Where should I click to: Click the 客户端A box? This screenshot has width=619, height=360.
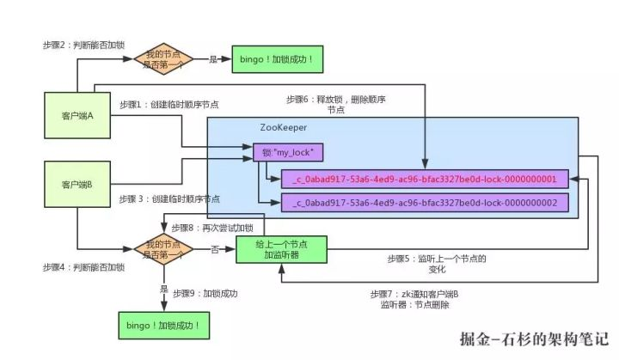click(x=77, y=115)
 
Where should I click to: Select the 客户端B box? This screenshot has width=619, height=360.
click(x=77, y=184)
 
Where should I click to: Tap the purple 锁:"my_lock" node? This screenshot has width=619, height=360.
click(x=288, y=152)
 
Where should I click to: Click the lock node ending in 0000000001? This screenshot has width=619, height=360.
click(x=425, y=180)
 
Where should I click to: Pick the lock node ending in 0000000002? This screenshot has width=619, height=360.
click(x=425, y=203)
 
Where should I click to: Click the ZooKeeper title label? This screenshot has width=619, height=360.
click(x=283, y=127)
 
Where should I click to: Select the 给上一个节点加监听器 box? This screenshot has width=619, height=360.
click(x=281, y=249)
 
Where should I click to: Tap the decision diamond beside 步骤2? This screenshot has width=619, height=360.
click(x=163, y=59)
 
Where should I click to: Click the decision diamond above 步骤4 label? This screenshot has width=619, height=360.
click(x=163, y=249)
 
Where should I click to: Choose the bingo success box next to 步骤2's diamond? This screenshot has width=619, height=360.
click(x=277, y=59)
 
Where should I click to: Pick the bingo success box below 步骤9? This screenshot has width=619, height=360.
click(x=164, y=326)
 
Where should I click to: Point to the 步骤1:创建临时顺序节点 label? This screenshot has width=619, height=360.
click(x=169, y=105)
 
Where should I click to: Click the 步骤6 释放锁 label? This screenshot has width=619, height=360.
click(x=336, y=105)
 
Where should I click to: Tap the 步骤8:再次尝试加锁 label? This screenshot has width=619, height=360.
click(x=212, y=228)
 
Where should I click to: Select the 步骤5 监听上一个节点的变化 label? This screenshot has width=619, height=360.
click(x=437, y=264)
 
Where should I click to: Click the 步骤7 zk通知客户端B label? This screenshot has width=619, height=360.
click(x=414, y=299)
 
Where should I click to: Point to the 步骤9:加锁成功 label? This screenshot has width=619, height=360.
click(x=205, y=293)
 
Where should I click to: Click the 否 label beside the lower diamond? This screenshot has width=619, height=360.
click(x=215, y=249)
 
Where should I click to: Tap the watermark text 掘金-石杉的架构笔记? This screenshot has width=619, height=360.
click(x=534, y=339)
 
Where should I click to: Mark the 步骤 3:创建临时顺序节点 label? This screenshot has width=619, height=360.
click(x=169, y=199)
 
